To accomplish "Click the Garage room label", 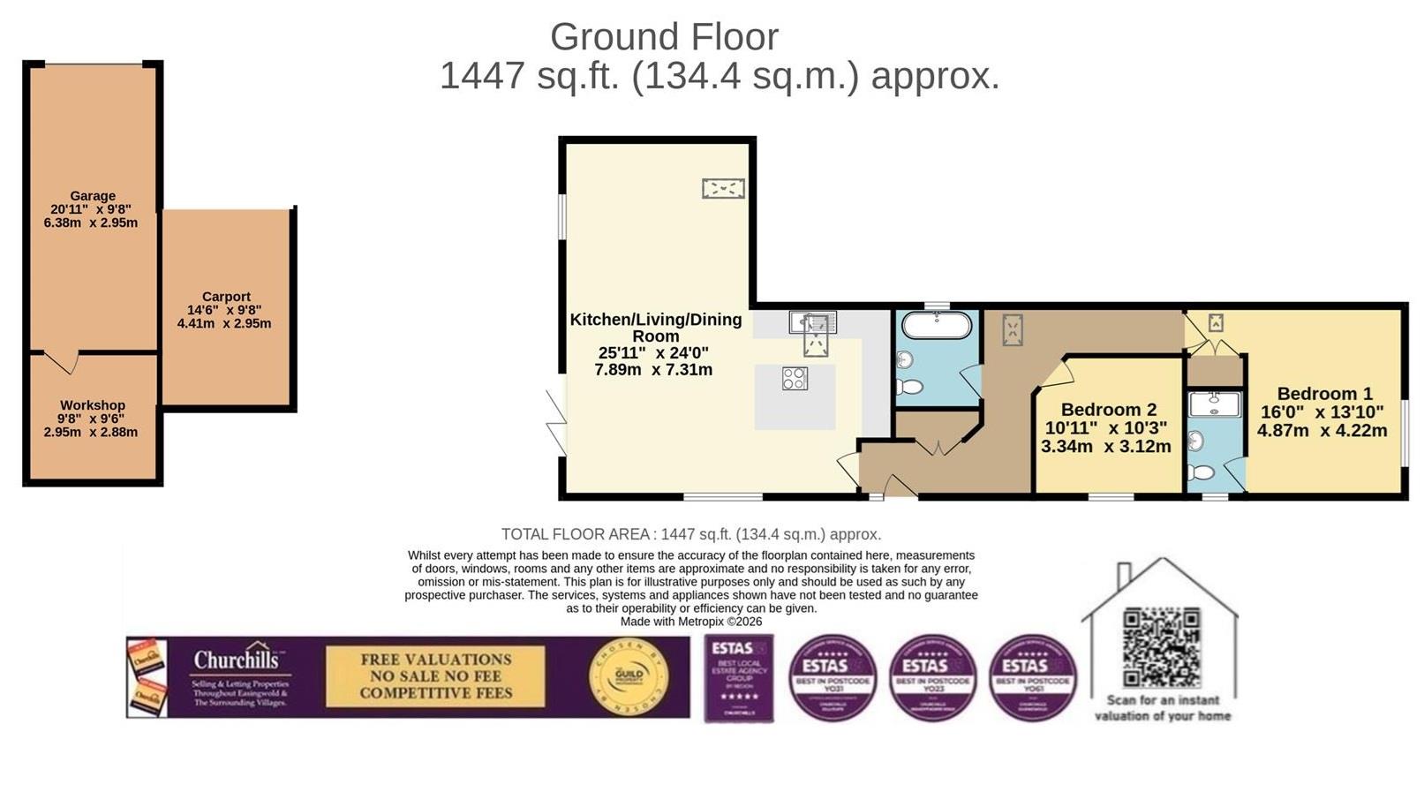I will click(93, 196).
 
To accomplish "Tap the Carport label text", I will click(226, 297).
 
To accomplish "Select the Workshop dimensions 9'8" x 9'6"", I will click(93, 419).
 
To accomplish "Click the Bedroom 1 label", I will click(1324, 394).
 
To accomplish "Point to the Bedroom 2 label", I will click(1108, 410).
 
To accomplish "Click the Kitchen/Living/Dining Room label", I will click(656, 327).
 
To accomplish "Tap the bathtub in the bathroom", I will click(936, 326).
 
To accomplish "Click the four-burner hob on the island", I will click(795, 379).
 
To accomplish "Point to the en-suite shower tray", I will click(1215, 404).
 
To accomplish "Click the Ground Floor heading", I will click(664, 37).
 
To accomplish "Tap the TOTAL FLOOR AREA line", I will click(690, 534).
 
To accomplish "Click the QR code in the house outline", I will click(1161, 647).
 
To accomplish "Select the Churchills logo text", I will click(236, 660).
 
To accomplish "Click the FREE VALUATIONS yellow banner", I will click(435, 676).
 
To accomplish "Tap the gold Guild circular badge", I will click(628, 677).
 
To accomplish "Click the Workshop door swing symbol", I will click(61, 360).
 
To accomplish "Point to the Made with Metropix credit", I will click(690, 622).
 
